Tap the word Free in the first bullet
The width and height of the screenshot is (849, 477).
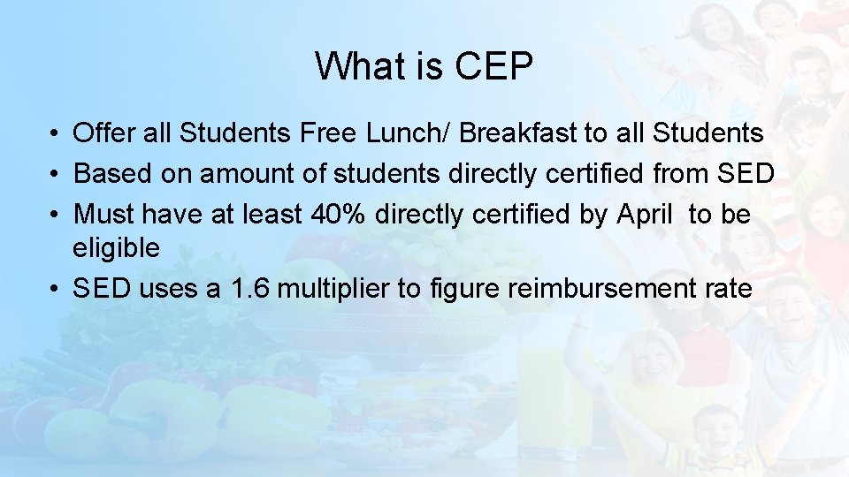tap(329, 133)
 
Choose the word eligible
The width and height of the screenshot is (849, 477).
tap(117, 248)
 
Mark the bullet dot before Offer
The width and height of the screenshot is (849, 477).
tap(55, 134)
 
